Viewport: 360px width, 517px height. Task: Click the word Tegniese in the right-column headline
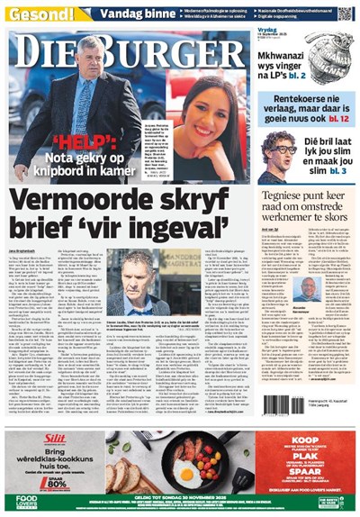(288, 195)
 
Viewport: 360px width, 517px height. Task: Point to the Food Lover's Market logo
(26, 501)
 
